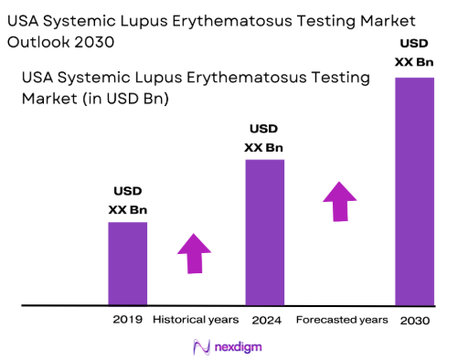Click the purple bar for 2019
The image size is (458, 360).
tap(127, 263)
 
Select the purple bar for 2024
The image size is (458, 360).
tap(264, 232)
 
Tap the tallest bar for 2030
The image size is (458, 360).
tap(414, 191)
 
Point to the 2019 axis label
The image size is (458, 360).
tap(127, 320)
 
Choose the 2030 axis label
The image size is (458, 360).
tap(415, 320)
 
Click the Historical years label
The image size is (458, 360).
tap(195, 320)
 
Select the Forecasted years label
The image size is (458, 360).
tap(342, 320)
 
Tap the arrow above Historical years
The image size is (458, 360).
tap(194, 253)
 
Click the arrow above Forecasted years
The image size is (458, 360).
tap(340, 201)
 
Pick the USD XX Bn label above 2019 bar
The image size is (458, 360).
tap(127, 201)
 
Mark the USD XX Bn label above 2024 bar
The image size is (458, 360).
tap(264, 140)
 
